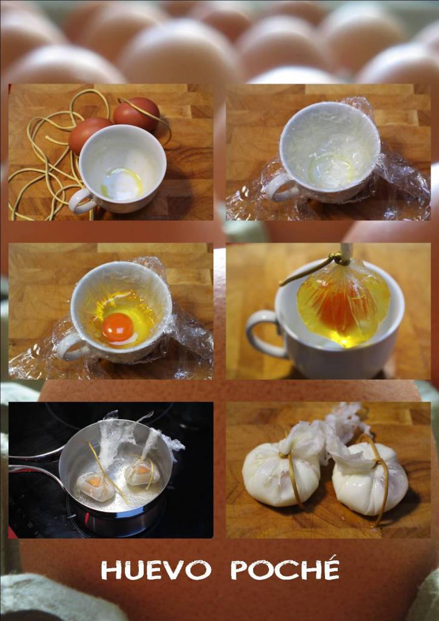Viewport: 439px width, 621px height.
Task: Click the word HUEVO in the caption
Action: pos(156,570)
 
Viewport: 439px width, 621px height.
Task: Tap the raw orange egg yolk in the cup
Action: pos(118,327)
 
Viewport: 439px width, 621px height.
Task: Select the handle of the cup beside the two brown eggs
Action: pos(81,201)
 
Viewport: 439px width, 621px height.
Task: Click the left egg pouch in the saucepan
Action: pos(95,486)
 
